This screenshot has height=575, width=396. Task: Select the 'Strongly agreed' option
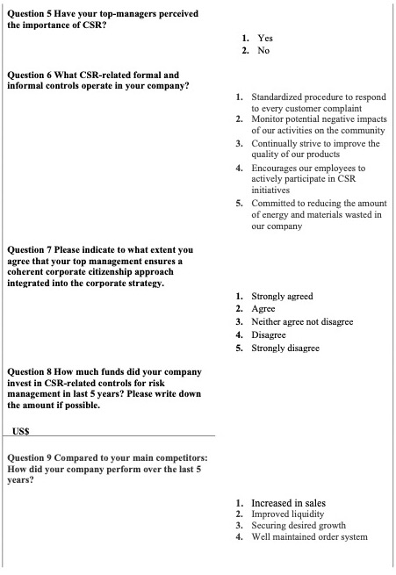pyautogui.click(x=282, y=297)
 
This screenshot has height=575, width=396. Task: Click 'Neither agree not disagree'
pyautogui.click(x=302, y=321)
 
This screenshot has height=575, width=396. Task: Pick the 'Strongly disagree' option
pyautogui.click(x=284, y=348)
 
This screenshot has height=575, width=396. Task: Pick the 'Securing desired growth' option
pyautogui.click(x=299, y=525)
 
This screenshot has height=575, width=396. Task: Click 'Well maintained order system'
pyautogui.click(x=309, y=536)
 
